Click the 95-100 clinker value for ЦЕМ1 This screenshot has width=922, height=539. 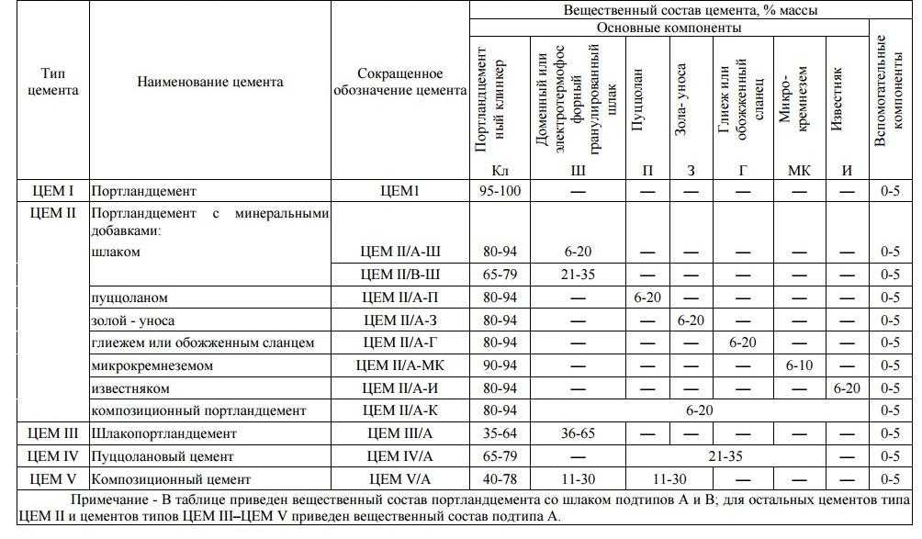[499, 193]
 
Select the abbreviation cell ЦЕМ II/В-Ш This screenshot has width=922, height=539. [400, 275]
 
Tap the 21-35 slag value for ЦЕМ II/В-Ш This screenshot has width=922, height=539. [578, 275]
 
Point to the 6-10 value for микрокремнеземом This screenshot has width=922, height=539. [800, 365]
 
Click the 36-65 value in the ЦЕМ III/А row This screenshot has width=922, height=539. [578, 433]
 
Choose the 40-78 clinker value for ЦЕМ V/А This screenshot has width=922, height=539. [499, 479]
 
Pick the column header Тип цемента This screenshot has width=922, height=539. [52, 82]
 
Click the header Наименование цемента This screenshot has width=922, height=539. [210, 82]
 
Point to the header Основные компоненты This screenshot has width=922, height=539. [669, 28]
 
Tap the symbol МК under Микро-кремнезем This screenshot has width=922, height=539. [799, 171]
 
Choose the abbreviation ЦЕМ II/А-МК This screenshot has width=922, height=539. [400, 365]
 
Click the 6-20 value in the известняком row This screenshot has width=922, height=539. [845, 388]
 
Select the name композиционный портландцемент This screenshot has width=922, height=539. [198, 410]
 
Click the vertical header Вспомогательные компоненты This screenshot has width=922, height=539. [889, 90]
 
